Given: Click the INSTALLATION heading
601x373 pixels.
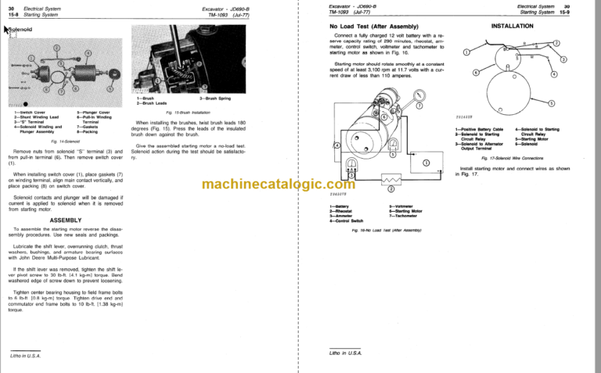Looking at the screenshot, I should (x=512, y=26).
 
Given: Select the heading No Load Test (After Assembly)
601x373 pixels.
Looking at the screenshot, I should (x=373, y=26).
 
